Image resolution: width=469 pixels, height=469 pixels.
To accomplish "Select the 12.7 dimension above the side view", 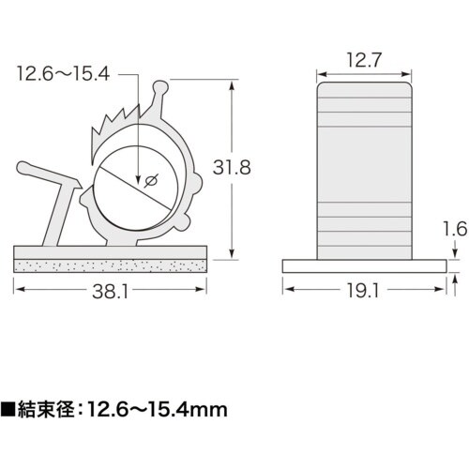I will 364,61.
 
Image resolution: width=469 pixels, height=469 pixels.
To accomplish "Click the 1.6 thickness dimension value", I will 453,226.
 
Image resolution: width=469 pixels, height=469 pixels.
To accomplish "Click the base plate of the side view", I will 364,265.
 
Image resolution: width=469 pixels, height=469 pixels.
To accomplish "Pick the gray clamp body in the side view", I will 364,169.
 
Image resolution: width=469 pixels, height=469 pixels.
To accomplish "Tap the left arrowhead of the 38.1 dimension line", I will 18,292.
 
